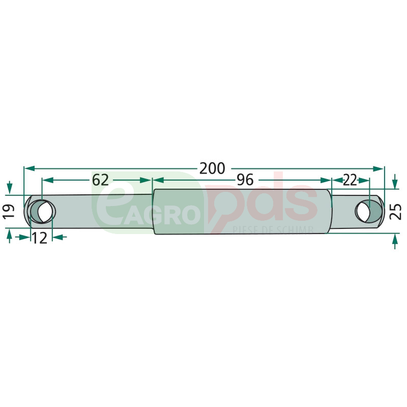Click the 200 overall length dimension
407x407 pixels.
pos(212,168)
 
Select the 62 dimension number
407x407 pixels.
pos(100,180)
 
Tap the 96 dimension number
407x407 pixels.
pos(245,180)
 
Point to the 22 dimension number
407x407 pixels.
pos(350,180)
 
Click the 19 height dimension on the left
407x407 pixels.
pos(9,212)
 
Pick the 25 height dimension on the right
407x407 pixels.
pos(396,212)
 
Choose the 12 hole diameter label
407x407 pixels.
pos(40,238)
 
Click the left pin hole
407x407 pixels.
pos(42,212)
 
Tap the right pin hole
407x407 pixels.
pos(369,212)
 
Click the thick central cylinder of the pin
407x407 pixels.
pos(243,212)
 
